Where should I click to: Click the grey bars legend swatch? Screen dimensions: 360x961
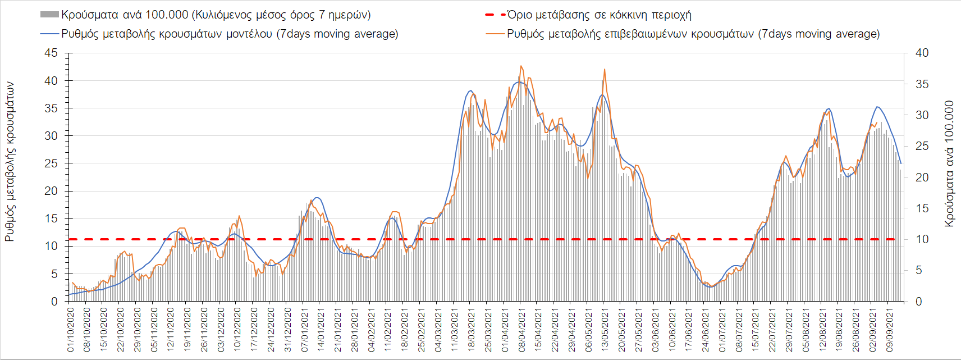(49, 15)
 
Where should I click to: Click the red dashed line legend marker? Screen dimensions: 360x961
(495, 15)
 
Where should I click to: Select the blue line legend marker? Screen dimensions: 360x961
(49, 34)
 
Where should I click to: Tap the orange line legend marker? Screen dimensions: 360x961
(495, 34)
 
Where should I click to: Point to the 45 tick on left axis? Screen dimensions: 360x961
(51, 53)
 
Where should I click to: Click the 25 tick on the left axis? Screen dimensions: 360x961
(51, 163)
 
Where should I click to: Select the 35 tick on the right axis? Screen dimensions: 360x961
(922, 84)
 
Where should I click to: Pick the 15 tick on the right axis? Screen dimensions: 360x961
(922, 208)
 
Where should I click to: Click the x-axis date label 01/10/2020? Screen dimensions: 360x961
(71, 329)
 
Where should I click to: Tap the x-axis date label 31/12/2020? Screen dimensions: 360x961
(288, 329)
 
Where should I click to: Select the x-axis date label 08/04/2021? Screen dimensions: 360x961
(522, 329)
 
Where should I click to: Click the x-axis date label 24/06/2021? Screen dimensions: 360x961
(706, 329)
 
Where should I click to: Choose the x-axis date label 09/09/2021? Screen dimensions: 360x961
(889, 329)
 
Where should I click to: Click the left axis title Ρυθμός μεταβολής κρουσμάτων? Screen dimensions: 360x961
(10, 162)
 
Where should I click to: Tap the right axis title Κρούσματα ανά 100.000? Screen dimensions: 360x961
(949, 163)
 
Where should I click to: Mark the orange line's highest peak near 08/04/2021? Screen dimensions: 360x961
(521, 66)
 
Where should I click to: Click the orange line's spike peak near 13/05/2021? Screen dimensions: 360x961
(605, 69)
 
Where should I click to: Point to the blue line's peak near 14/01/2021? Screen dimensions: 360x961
(317, 198)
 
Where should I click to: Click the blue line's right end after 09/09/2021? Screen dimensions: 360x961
(901, 163)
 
